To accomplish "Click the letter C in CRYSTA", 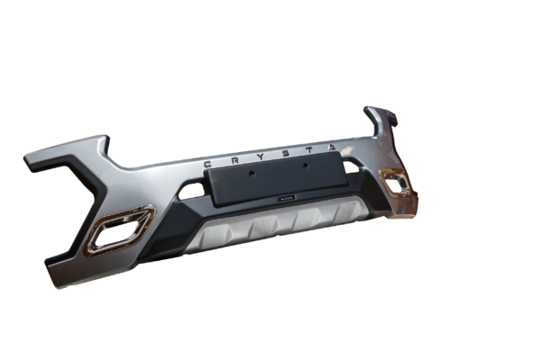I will pos(210,165).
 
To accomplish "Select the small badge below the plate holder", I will pos(283,204).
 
